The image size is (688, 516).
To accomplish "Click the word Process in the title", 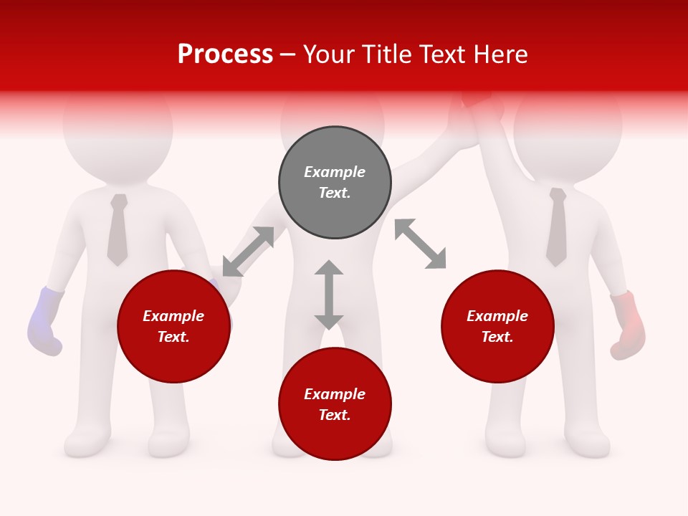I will (x=225, y=54).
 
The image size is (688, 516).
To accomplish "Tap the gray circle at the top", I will (x=335, y=183).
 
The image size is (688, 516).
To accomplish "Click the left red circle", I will (x=173, y=326).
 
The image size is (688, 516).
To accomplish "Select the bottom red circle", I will (x=335, y=404).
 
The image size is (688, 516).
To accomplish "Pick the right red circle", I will (x=497, y=326).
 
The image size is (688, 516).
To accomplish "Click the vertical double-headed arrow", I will (x=329, y=295).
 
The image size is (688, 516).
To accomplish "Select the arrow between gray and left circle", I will (x=248, y=252).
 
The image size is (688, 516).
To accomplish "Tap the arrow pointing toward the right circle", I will (x=421, y=244).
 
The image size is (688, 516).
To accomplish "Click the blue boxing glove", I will (x=44, y=322).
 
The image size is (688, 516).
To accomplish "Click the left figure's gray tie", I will (x=118, y=229).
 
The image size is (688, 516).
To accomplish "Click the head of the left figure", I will (x=118, y=125).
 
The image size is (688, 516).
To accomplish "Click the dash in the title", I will (x=288, y=55).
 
